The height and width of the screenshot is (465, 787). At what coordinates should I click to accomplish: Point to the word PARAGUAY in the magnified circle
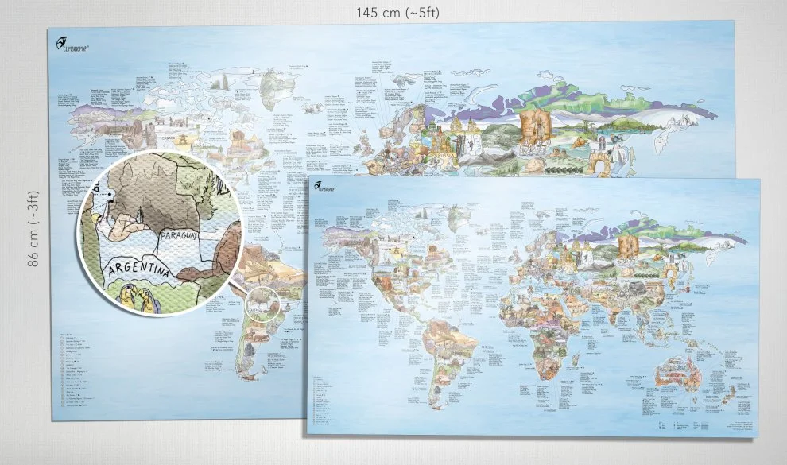pyautogui.click(x=184, y=236)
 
